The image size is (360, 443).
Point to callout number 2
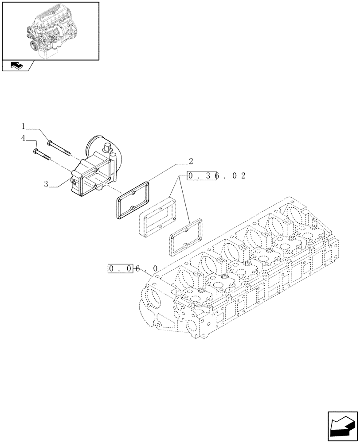191,161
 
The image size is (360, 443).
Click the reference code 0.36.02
216,175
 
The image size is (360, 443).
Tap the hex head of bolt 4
35,152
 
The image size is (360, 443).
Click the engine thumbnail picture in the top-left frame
49,30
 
